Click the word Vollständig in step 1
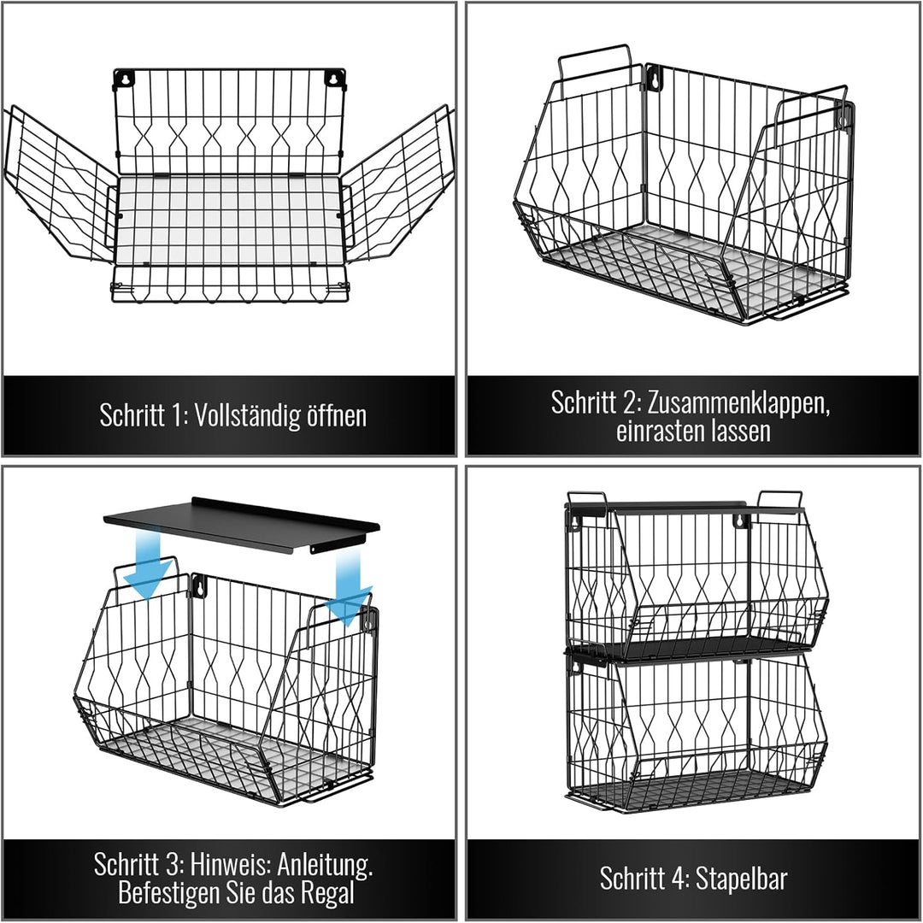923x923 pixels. pos(246,415)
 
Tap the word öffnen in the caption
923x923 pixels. pos(337,415)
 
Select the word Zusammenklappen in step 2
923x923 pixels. pos(738,403)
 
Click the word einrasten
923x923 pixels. pos(657,431)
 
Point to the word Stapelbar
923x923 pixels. pos(741,879)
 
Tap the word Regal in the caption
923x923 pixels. pos(328,894)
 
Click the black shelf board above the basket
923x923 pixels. pos(241,525)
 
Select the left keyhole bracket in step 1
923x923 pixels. pos(124,79)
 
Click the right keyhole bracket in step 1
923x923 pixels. pos(334,77)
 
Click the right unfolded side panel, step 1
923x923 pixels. pos(398,185)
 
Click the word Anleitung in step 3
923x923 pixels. pos(325,865)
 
